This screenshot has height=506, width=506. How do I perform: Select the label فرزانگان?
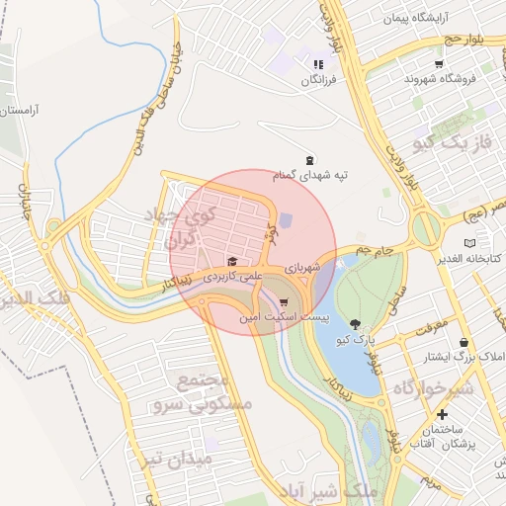tap(319, 78)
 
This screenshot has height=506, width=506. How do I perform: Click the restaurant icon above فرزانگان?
tap(318, 64)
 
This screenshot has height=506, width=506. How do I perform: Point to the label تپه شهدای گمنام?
tap(312, 174)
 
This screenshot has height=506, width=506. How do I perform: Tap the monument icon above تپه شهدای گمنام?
tap(310, 160)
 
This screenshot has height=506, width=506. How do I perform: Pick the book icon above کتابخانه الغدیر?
tap(469, 243)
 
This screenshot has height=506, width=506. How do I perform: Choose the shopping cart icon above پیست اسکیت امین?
tap(285, 303)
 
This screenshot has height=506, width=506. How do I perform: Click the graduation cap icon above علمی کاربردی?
tap(233, 262)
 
